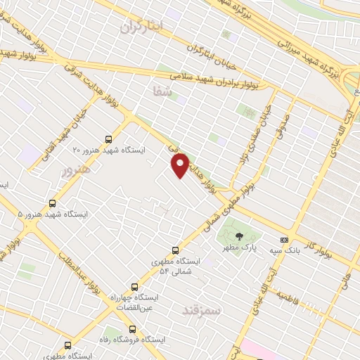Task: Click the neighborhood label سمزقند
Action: (x=202, y=309)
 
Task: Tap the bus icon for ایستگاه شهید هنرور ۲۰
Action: (x=108, y=139)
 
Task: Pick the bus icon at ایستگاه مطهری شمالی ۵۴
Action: (x=175, y=250)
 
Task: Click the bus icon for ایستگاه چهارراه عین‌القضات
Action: (x=134, y=287)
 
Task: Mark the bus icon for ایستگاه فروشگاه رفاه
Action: (x=132, y=328)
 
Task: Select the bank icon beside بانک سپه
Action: (x=284, y=240)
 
